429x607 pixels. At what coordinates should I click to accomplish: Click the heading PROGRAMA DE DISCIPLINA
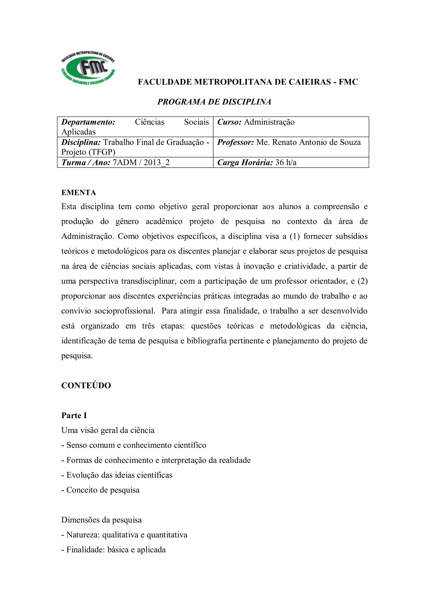pos(214,102)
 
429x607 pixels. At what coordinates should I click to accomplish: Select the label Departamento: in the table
pos(88,122)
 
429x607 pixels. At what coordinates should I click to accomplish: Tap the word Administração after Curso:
pos(269,122)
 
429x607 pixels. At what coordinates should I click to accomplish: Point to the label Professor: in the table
pos(235,142)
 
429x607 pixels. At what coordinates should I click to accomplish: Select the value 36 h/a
pos(286,163)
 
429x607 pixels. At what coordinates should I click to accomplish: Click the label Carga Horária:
pos(245,163)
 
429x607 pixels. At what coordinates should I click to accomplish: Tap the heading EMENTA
pos(79,193)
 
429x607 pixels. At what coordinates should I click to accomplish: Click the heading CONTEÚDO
pos(86,386)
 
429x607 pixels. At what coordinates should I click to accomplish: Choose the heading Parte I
pos(74,415)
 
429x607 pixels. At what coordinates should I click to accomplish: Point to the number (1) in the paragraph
pos(295,236)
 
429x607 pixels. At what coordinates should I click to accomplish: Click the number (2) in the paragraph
pos(362,281)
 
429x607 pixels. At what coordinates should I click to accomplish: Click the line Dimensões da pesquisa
pos(102,520)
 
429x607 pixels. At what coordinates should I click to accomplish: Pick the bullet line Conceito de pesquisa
pos(101,490)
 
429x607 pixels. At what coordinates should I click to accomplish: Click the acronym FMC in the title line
pos(348,82)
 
